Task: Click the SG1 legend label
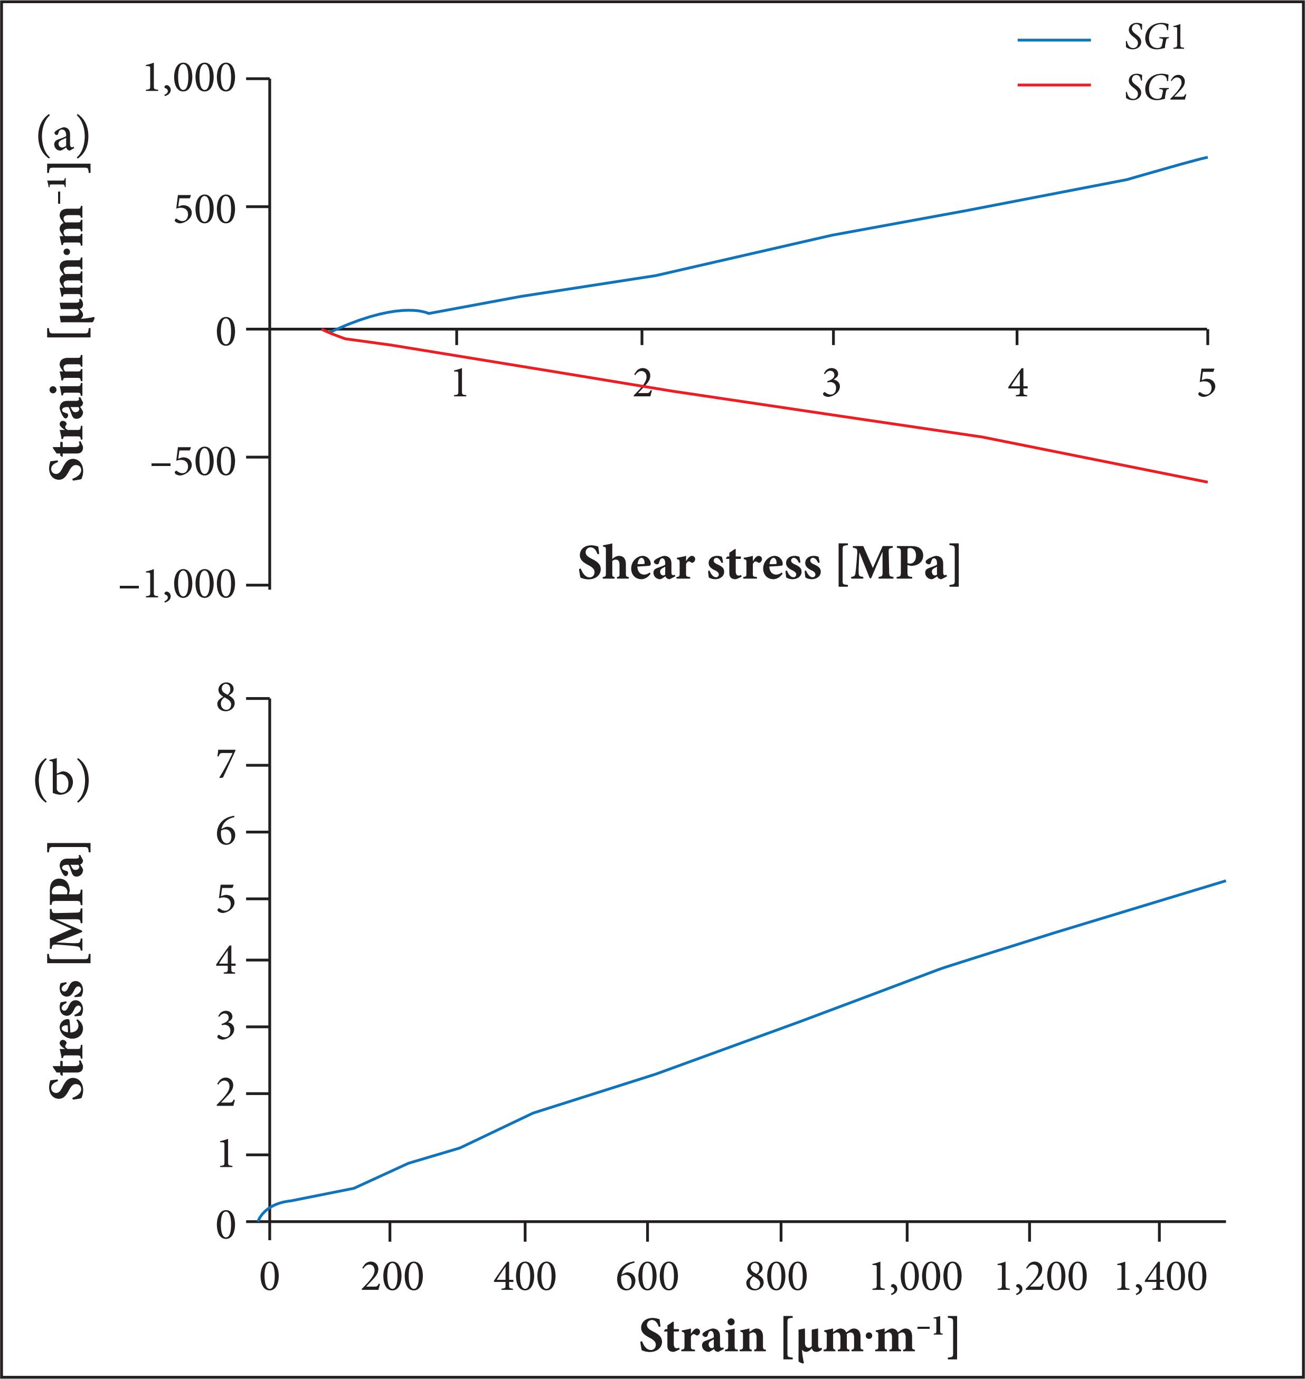(1155, 40)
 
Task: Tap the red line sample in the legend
(1053, 85)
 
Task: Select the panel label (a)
(63, 136)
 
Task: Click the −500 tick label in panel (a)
(193, 460)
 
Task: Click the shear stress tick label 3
(831, 383)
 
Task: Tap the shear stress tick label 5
(1206, 383)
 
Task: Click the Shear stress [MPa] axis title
(769, 563)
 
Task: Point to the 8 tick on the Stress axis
(226, 698)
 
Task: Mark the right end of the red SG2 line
(1206, 481)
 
